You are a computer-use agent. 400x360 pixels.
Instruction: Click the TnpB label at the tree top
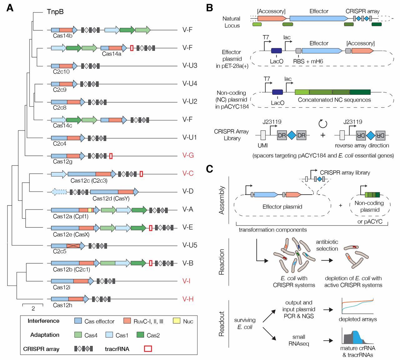pos(55,12)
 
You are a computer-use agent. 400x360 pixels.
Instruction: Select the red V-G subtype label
pos(188,155)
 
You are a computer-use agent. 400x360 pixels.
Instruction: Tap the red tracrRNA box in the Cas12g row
pos(111,156)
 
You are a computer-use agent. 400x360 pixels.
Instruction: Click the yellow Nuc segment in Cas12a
pos(90,210)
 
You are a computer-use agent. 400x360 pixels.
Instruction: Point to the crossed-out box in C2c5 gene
pos(73,246)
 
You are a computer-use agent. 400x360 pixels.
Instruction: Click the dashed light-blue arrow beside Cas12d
pos(59,192)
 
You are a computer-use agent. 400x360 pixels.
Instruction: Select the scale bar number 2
pos(33,308)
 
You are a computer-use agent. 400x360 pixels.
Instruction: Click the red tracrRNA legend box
pos(148,349)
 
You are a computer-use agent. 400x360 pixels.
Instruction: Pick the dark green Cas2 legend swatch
pos(140,335)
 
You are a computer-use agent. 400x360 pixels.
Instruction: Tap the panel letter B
pos(209,8)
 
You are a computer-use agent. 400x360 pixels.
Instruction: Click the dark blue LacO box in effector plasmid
pos(276,51)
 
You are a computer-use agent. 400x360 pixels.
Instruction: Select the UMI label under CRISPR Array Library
pos(262,145)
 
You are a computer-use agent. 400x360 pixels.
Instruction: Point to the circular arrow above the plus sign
pos(322,124)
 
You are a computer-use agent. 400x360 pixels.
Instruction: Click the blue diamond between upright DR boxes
pos(292,135)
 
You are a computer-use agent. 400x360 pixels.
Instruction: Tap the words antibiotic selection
pos(327,245)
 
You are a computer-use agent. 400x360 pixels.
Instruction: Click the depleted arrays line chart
pos(357,306)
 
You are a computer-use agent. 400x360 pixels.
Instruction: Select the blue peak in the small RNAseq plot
pos(357,337)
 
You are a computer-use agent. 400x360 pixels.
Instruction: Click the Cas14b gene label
pos(62,36)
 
